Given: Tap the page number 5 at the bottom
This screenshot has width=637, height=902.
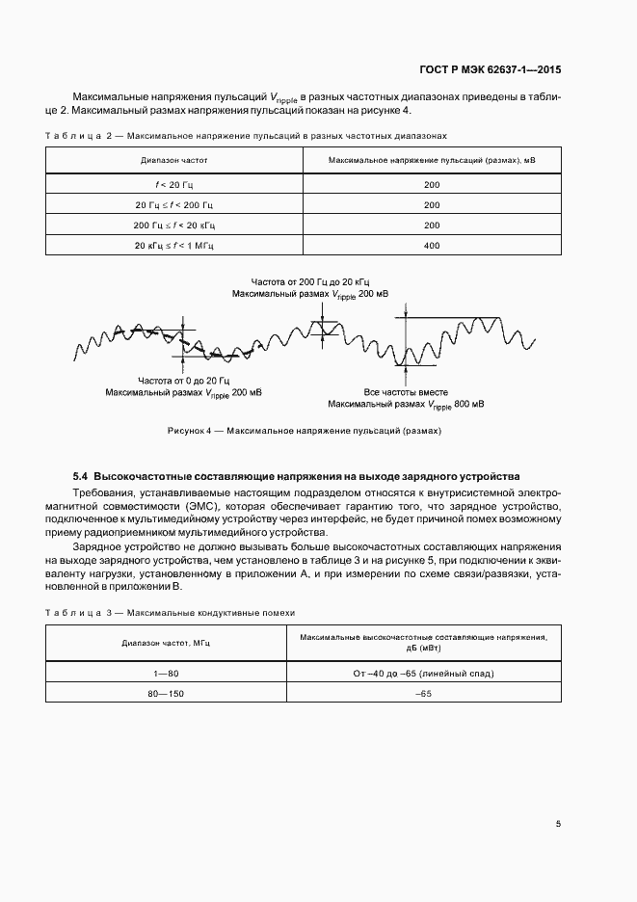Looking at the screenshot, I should point(559,824).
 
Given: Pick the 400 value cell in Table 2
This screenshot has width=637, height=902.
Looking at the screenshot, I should point(431,246).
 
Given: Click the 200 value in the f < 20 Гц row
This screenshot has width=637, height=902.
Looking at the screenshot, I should point(431,183).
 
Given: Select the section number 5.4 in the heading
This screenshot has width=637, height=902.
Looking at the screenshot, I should point(81,476).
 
